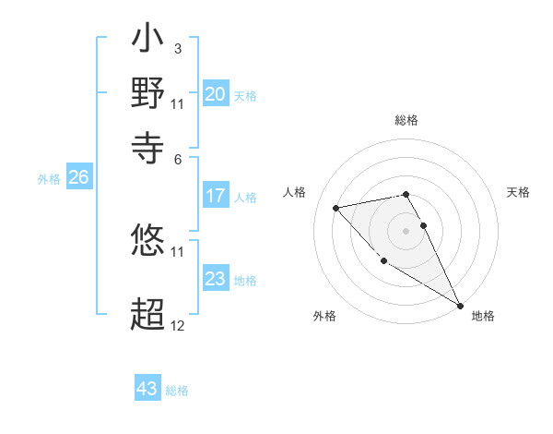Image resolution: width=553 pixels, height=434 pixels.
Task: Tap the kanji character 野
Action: (148, 94)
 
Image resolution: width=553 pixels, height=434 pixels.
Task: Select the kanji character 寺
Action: (148, 144)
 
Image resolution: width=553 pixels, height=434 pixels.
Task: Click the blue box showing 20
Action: (216, 94)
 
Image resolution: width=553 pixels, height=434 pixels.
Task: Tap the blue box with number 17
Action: (216, 196)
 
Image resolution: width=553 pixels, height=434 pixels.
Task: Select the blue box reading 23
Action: (216, 279)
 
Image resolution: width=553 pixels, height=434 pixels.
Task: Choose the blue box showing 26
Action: (78, 178)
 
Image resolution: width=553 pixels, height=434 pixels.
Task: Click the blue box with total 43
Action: (147, 389)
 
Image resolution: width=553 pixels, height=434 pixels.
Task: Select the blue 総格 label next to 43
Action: (177, 391)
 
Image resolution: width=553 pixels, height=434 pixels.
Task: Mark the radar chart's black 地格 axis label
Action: (483, 316)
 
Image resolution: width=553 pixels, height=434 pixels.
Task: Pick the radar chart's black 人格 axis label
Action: (295, 192)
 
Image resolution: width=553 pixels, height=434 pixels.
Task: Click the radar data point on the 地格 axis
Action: (461, 306)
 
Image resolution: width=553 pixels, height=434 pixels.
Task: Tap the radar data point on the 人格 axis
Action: (336, 208)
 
